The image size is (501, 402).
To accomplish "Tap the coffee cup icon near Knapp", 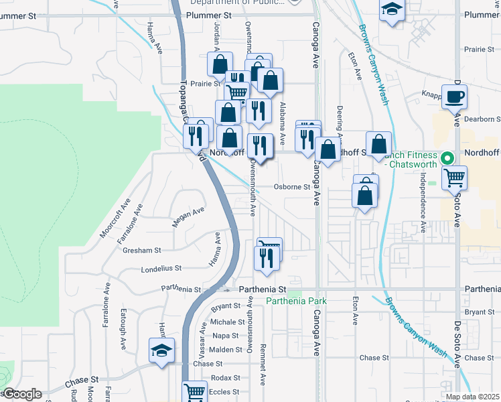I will tap(454, 96).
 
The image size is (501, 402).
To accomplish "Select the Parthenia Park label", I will tap(296, 301).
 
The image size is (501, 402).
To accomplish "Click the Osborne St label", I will tap(292, 187).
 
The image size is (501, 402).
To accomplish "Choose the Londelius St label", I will tap(161, 269).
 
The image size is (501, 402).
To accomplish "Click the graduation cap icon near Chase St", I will tap(161, 351).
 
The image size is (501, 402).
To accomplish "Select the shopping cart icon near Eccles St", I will tap(194, 391).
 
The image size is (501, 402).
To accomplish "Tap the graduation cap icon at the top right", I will tap(391, 9).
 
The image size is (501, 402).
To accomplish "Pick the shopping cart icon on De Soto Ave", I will tap(455, 178).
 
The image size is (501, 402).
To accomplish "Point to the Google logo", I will tap(21, 394).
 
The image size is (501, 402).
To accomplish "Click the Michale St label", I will tap(223, 322).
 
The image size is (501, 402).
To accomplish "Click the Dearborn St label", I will tap(482, 119).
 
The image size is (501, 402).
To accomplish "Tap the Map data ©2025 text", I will tap(472, 397).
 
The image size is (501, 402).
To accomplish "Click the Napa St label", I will tap(226, 336).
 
